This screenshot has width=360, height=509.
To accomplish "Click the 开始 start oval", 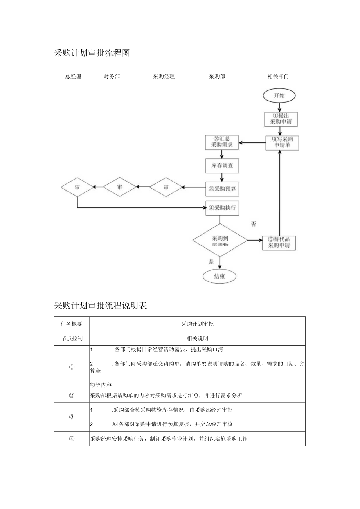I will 279,95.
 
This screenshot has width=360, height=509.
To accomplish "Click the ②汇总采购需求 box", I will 222,142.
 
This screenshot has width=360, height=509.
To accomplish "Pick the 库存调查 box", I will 222,166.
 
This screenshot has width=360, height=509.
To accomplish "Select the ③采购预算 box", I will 222,189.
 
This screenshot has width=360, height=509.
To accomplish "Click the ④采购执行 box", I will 222,208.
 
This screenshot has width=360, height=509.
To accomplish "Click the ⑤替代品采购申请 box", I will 279,243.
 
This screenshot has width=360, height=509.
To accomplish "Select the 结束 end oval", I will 220,277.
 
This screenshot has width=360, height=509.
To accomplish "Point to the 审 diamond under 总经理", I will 77,187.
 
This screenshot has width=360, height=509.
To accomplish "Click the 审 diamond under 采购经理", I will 166,187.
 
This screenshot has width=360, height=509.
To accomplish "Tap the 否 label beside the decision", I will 254,224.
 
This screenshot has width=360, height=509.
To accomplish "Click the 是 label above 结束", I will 211,262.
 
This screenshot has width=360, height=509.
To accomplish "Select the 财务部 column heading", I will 112,77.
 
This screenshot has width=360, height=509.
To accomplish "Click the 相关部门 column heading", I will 278,77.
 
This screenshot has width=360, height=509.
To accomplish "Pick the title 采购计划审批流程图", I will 92,53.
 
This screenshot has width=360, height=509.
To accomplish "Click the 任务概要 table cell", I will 72,324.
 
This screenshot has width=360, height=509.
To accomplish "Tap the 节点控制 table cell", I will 72,338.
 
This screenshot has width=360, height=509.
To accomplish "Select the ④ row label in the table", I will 72,439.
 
